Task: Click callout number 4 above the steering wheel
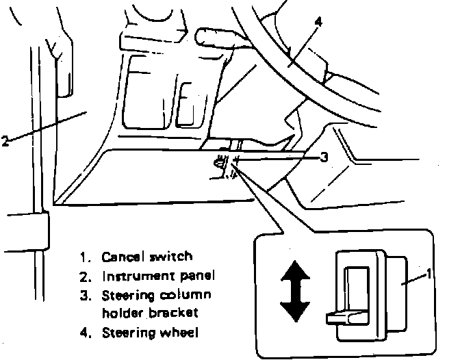click(318, 21)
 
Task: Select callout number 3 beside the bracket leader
click(324, 157)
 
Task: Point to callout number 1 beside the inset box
click(429, 275)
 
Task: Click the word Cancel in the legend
click(122, 257)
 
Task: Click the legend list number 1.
click(83, 258)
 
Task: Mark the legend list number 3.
click(83, 295)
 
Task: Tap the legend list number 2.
click(83, 277)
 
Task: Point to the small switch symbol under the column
click(221, 164)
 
